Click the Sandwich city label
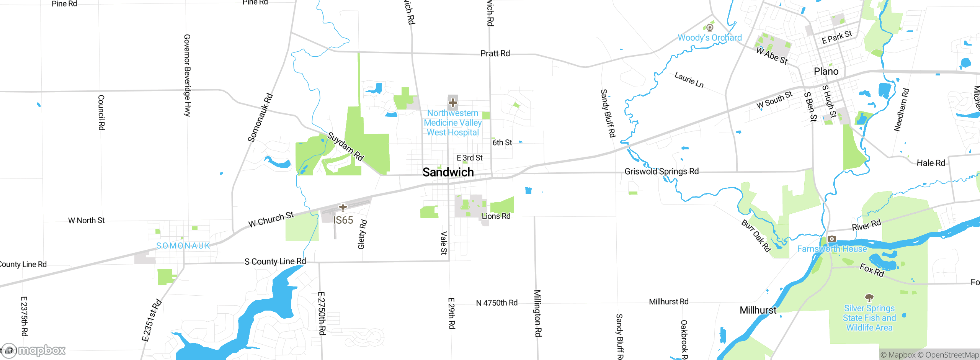(448, 172)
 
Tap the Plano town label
(826, 72)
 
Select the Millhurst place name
(758, 310)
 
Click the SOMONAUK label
(183, 246)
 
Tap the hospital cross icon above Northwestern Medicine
(452, 103)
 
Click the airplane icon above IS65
(343, 208)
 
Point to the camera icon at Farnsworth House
(831, 239)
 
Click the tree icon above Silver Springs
(869, 298)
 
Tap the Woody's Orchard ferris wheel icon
(710, 28)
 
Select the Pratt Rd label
(495, 54)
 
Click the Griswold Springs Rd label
(661, 172)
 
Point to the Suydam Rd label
(345, 146)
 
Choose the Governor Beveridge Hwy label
(187, 75)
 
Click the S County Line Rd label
(275, 262)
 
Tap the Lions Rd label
(496, 216)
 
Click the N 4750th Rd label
(497, 303)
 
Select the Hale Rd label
(931, 163)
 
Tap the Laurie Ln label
(689, 80)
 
